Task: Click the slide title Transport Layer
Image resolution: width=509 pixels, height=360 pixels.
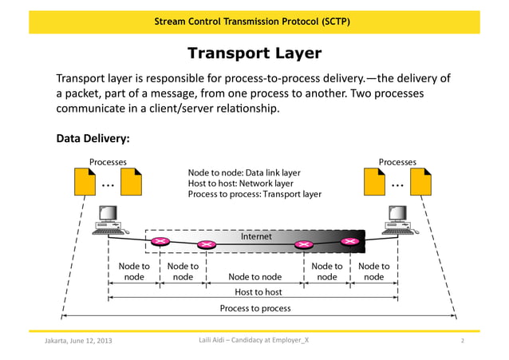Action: [254, 53]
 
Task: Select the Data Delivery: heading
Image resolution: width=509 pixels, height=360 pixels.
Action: [93, 139]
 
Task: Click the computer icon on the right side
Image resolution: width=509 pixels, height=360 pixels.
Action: [397, 218]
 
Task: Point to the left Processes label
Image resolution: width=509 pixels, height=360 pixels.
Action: [108, 162]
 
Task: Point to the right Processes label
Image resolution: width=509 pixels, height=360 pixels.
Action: [397, 162]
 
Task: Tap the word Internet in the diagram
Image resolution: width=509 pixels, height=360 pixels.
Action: [256, 236]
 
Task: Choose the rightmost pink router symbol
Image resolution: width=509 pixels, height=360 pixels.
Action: [348, 240]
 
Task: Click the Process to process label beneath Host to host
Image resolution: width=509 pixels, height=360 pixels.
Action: [255, 308]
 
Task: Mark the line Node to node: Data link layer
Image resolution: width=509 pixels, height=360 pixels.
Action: [244, 172]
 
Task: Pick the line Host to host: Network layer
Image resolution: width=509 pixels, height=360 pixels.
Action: [241, 183]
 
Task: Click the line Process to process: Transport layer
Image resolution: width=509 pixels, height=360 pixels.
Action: [254, 194]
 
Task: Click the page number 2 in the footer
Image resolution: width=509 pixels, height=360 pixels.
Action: [462, 342]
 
